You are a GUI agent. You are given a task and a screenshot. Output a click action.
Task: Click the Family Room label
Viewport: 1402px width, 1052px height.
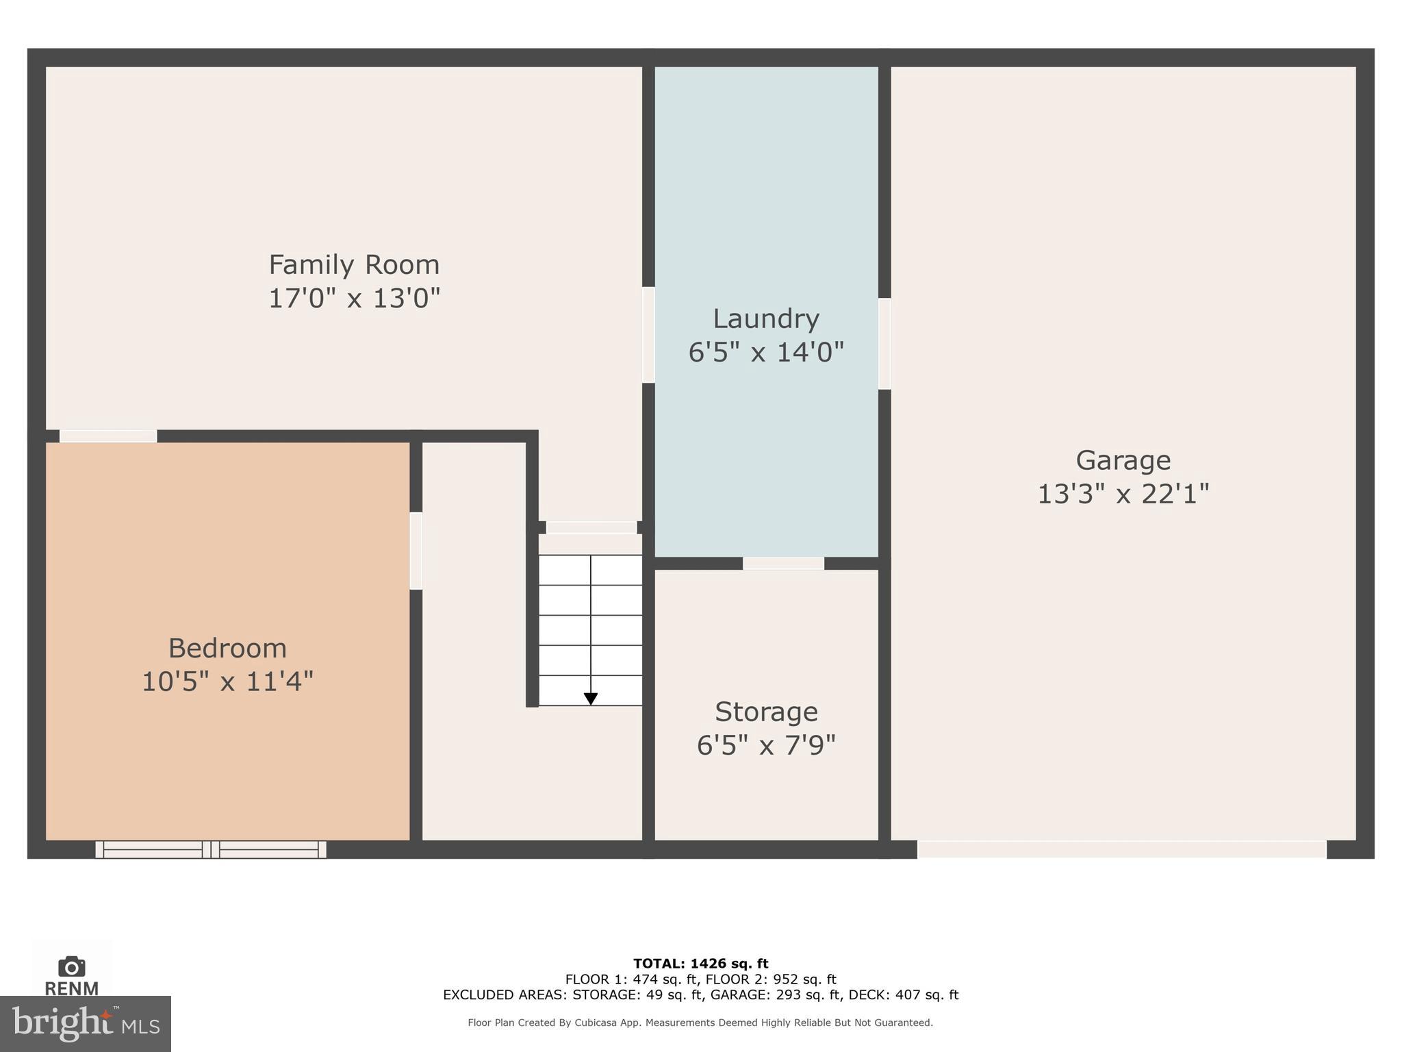point(353,265)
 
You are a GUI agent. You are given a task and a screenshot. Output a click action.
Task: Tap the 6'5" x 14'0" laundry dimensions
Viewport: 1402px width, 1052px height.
point(765,353)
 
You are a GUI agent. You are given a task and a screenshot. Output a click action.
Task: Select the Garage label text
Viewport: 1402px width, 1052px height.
point(1123,460)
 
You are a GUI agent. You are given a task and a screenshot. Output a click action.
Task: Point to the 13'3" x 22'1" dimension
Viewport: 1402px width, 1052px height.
point(1123,494)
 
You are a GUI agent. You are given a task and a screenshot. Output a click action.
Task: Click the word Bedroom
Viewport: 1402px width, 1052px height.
point(227,648)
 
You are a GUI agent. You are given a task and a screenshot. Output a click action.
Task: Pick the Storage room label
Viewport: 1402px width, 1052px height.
point(766,712)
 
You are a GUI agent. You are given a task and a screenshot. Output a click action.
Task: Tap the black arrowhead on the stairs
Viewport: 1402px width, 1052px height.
point(591,699)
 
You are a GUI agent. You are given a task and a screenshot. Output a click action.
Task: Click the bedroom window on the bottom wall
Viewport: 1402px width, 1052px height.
point(211,849)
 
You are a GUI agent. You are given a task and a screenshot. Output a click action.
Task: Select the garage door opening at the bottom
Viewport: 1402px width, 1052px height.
point(1121,849)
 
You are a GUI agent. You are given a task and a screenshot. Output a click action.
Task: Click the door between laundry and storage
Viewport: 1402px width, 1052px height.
point(783,563)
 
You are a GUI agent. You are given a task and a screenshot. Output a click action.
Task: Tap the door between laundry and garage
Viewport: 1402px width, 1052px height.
point(884,343)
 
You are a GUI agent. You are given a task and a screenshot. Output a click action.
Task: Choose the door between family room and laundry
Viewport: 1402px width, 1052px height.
point(648,334)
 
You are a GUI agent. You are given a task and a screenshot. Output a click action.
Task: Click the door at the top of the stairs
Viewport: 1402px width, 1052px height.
point(591,527)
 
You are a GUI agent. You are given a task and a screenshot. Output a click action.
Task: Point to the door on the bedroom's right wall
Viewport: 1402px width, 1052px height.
point(416,551)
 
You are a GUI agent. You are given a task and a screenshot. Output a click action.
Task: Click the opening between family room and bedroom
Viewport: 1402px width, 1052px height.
point(108,436)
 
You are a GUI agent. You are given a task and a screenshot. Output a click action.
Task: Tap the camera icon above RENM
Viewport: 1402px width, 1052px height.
point(71,966)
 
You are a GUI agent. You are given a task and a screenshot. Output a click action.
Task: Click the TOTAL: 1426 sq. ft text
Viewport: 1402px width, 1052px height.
point(700,964)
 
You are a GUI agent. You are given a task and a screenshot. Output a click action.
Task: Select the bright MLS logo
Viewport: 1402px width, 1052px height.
point(85,1023)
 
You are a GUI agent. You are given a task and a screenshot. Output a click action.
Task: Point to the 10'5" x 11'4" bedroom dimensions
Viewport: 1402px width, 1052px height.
point(227,681)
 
